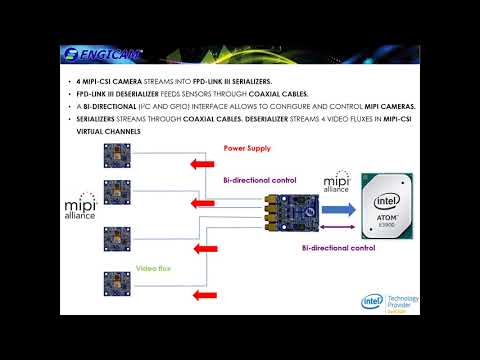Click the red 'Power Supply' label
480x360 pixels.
[246, 148]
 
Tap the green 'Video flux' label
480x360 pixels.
[156, 268]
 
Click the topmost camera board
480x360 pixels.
[117, 157]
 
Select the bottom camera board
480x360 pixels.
[117, 284]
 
